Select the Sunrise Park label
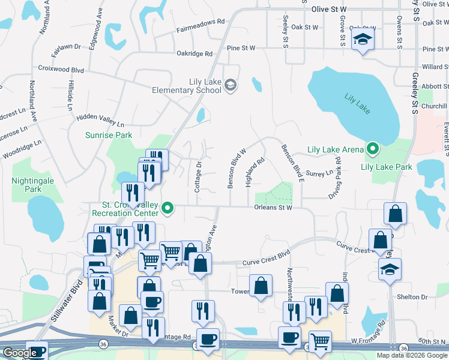[x=109, y=136]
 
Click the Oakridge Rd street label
[x=194, y=53]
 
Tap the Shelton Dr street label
[x=412, y=296]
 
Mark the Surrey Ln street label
[x=319, y=173]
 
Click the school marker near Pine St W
[x=362, y=40]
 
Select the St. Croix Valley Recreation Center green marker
[x=168, y=209]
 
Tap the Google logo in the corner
[x=19, y=353]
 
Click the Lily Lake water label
[x=358, y=103]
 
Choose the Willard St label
[x=435, y=67]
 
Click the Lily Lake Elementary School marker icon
[x=230, y=85]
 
